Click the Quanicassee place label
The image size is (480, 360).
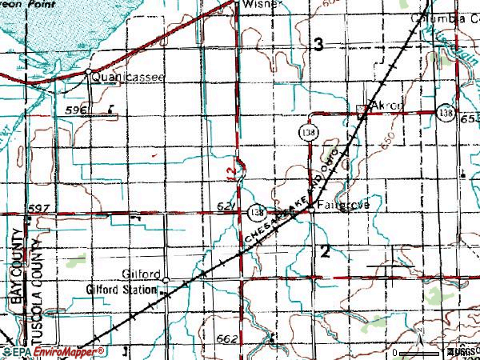click(128, 78)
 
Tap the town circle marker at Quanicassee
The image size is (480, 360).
click(87, 74)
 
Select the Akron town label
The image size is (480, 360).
click(389, 106)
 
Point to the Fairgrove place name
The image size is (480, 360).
click(342, 205)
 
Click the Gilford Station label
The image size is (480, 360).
click(122, 289)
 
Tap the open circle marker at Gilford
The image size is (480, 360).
click(166, 280)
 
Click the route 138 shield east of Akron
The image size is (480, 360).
click(446, 114)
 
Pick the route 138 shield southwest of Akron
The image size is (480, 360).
click(308, 130)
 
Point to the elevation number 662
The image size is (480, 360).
click(226, 339)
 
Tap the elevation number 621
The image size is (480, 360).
click(225, 206)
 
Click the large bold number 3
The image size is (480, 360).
click(318, 46)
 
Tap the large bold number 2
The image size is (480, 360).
click(325, 252)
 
